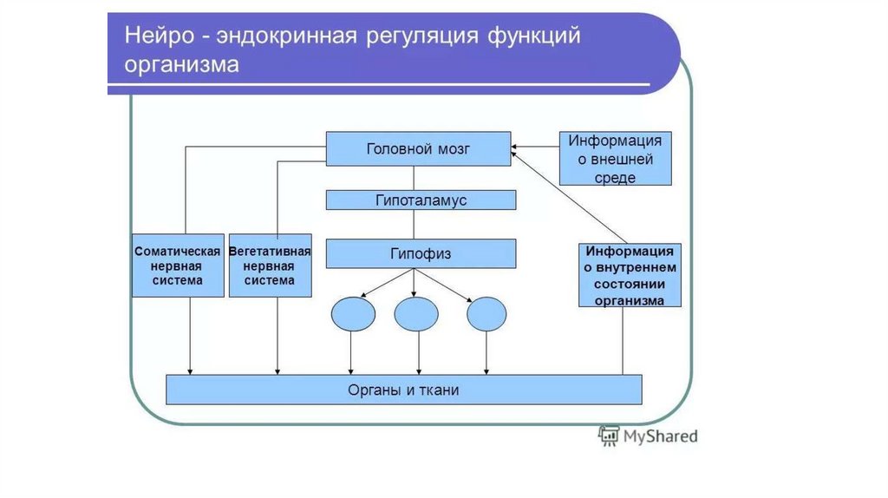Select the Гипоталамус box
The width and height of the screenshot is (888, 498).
tap(421, 200)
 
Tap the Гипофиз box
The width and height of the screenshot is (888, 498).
tap(421, 253)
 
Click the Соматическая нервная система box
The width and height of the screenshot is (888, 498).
tap(178, 265)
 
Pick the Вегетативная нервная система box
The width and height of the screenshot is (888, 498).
tap(270, 265)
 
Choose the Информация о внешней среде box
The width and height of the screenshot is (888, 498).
tap(615, 159)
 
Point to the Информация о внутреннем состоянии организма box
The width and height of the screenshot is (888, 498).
tap(630, 275)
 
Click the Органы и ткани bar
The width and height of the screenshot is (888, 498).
tap(403, 390)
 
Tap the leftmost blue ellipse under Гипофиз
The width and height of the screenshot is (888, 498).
tap(353, 314)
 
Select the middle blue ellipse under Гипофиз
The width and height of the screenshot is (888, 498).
tap(416, 314)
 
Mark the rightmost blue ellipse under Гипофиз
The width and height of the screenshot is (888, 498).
tap(486, 314)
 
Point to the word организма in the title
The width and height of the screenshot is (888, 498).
tap(181, 66)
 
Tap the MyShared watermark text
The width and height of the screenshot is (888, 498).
tap(660, 436)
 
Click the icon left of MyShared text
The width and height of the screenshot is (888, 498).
tap(608, 436)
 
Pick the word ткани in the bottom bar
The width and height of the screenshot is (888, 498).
tap(437, 390)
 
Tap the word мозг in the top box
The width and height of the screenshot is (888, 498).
tap(453, 148)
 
